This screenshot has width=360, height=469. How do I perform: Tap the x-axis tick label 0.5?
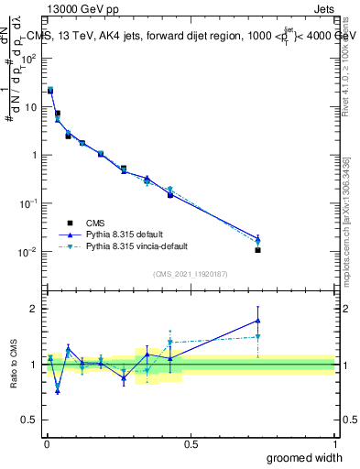(191, 443)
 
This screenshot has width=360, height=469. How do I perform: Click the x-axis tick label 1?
(334, 443)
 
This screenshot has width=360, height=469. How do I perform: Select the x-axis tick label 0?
(47, 443)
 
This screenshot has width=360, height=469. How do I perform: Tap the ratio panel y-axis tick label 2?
(35, 309)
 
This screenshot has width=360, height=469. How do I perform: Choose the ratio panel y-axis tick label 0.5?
(31, 420)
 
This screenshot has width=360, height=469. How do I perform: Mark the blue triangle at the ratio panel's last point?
(258, 321)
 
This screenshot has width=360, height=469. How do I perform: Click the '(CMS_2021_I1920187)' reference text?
(190, 273)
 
